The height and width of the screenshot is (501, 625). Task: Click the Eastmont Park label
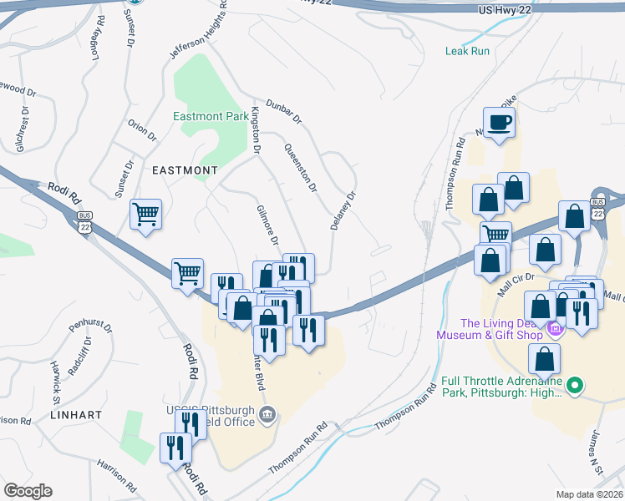[211, 116]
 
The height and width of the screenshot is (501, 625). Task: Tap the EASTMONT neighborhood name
[185, 170]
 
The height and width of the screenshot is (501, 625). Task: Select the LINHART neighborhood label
[75, 414]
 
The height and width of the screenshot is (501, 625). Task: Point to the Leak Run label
[468, 51]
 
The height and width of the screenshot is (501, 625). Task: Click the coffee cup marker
[499, 123]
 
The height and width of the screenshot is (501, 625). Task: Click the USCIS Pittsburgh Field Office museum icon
[267, 414]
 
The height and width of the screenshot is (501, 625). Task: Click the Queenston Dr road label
[301, 167]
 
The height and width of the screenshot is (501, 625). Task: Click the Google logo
[28, 491]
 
